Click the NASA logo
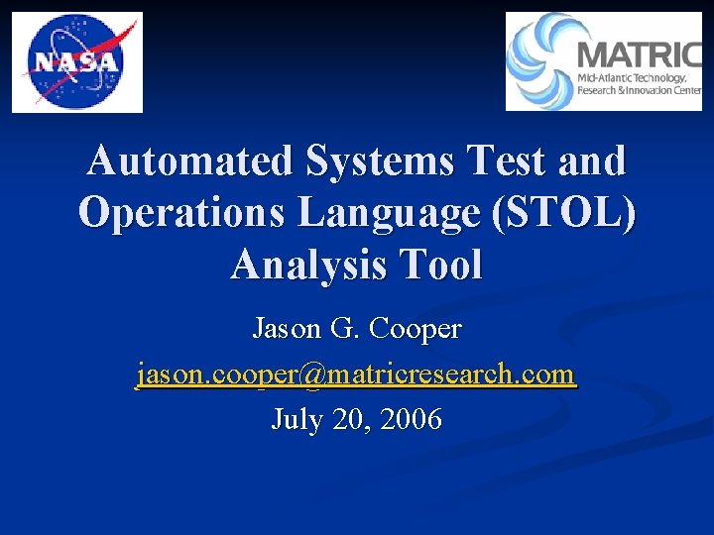pyautogui.click(x=77, y=62)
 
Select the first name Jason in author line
pyautogui.click(x=286, y=328)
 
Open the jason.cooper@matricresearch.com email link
pyautogui.click(x=356, y=374)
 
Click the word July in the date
pyautogui.click(x=297, y=420)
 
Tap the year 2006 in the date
pyautogui.click(x=411, y=420)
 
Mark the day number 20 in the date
pyautogui.click(x=349, y=420)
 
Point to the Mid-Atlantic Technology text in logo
pyautogui.click(x=632, y=78)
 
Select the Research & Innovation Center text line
pyautogui.click(x=639, y=92)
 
